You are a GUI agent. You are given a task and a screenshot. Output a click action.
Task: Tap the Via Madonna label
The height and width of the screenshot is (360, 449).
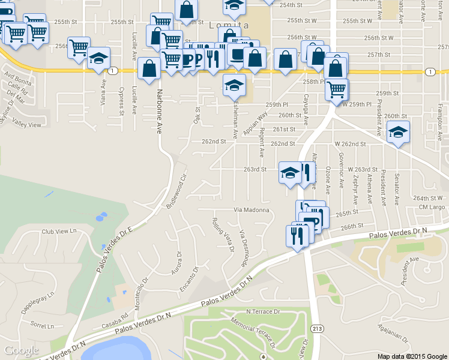coord(251,210)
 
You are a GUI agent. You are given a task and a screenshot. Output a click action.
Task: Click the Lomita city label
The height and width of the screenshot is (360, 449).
coord(229,25)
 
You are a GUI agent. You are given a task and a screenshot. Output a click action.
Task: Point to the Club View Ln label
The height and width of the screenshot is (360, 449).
coord(60,231)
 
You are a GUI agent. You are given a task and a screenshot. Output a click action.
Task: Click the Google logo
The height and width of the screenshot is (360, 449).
coord(20,350)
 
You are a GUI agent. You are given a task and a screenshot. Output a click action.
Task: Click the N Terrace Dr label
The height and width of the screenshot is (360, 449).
coord(264,312)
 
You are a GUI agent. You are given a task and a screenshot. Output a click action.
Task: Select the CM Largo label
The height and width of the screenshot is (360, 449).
coord(431,207)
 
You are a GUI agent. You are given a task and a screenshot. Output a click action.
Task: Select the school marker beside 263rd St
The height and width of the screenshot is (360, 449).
coord(290,173)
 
